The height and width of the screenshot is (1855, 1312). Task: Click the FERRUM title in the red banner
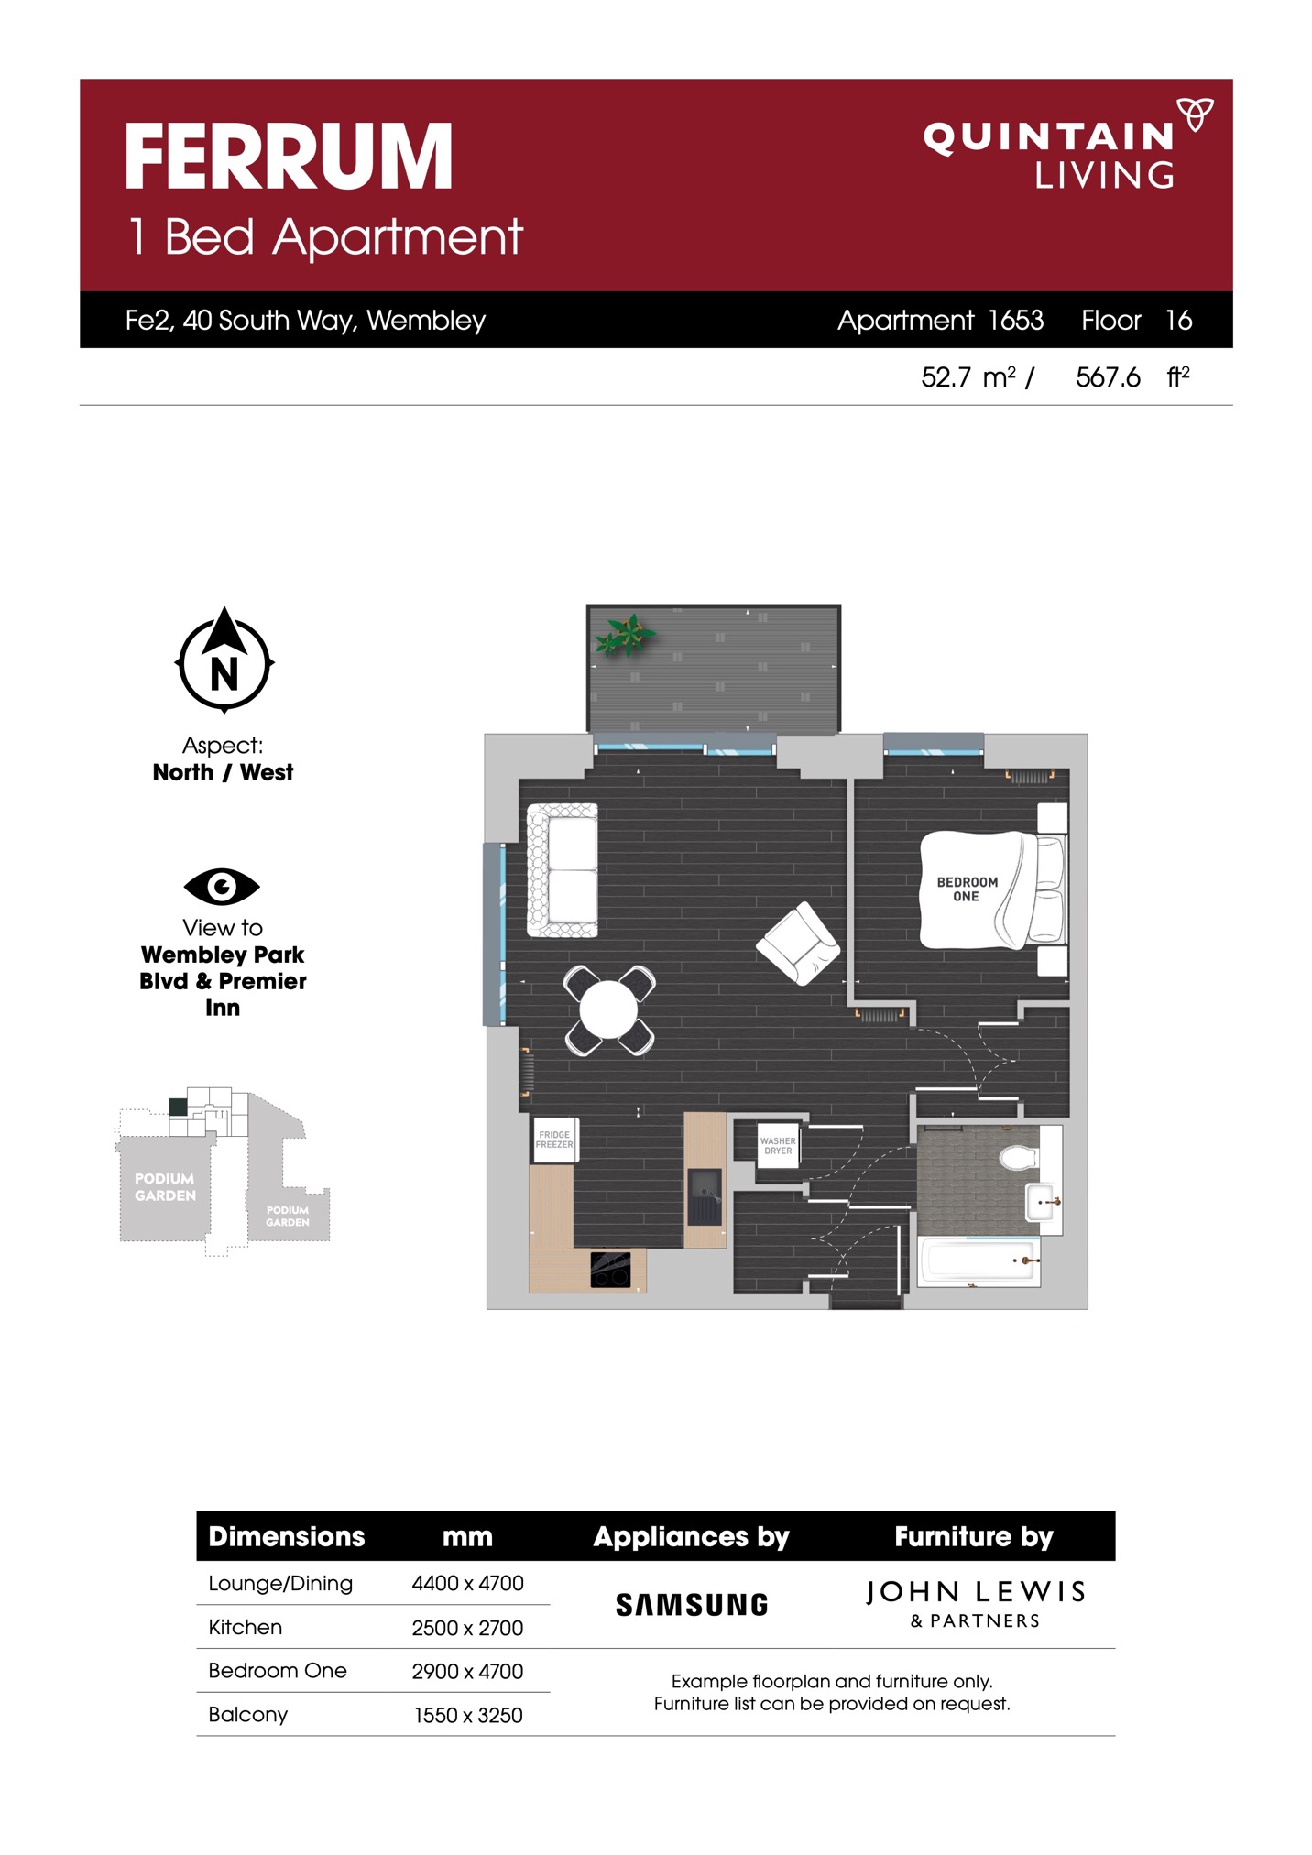[x=289, y=157]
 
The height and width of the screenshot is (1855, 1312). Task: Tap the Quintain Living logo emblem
[x=1195, y=114]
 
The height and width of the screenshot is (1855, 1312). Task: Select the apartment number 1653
[x=1015, y=320]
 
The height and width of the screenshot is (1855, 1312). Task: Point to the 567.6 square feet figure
[x=1108, y=376]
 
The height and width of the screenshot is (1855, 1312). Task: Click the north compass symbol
[x=224, y=660]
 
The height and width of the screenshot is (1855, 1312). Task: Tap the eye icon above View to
[x=222, y=886]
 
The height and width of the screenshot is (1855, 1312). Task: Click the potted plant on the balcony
[x=625, y=635]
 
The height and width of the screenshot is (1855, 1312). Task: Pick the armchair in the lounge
[x=799, y=944]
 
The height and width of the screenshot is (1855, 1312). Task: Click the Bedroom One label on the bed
[x=967, y=889]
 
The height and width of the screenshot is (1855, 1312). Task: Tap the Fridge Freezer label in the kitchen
[x=554, y=1140]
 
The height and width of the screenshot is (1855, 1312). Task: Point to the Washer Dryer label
[x=778, y=1146]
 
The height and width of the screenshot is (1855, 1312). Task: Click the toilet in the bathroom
[x=1020, y=1158]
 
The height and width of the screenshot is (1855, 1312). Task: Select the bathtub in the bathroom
[x=979, y=1261]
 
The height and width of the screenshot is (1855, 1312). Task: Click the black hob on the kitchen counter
[x=610, y=1270]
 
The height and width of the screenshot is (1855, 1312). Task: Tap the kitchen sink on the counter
[x=705, y=1196]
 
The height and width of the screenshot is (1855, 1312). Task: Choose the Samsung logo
[x=692, y=1604]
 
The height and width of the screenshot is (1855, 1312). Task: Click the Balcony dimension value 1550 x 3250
[x=468, y=1715]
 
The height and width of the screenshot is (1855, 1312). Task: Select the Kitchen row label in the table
[x=245, y=1627]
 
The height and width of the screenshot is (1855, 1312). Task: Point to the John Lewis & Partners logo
[x=975, y=1603]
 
